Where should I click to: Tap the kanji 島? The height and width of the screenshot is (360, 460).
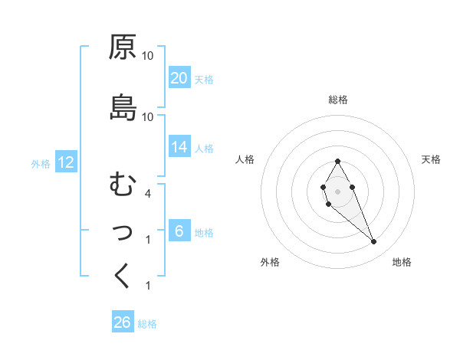[x=123, y=108]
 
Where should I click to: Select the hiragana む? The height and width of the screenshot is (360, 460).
[x=122, y=185]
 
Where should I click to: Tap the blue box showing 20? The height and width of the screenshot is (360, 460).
[x=179, y=78]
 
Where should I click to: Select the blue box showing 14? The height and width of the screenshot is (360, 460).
[x=179, y=147]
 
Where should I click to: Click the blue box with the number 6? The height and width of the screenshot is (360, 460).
[x=179, y=231]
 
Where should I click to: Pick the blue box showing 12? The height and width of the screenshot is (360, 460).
[x=65, y=162]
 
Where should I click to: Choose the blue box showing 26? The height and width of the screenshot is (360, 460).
[x=123, y=322]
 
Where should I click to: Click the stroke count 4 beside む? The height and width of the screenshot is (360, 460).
[x=148, y=194]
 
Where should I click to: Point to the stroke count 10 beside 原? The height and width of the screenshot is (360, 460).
[x=148, y=56]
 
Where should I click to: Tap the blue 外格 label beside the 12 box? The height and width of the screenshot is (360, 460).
[x=41, y=163]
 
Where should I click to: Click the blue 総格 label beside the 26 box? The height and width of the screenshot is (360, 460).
[x=147, y=324]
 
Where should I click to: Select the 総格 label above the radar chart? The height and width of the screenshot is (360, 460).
[x=337, y=100]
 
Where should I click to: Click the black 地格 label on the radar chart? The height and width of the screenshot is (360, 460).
[x=402, y=263]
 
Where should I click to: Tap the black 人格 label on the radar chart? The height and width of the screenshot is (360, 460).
[x=245, y=159]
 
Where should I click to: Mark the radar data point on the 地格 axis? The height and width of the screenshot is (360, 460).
[x=373, y=242]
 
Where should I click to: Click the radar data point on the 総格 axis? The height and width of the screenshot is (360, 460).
[x=337, y=161]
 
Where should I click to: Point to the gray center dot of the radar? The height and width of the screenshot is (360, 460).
[x=337, y=190]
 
